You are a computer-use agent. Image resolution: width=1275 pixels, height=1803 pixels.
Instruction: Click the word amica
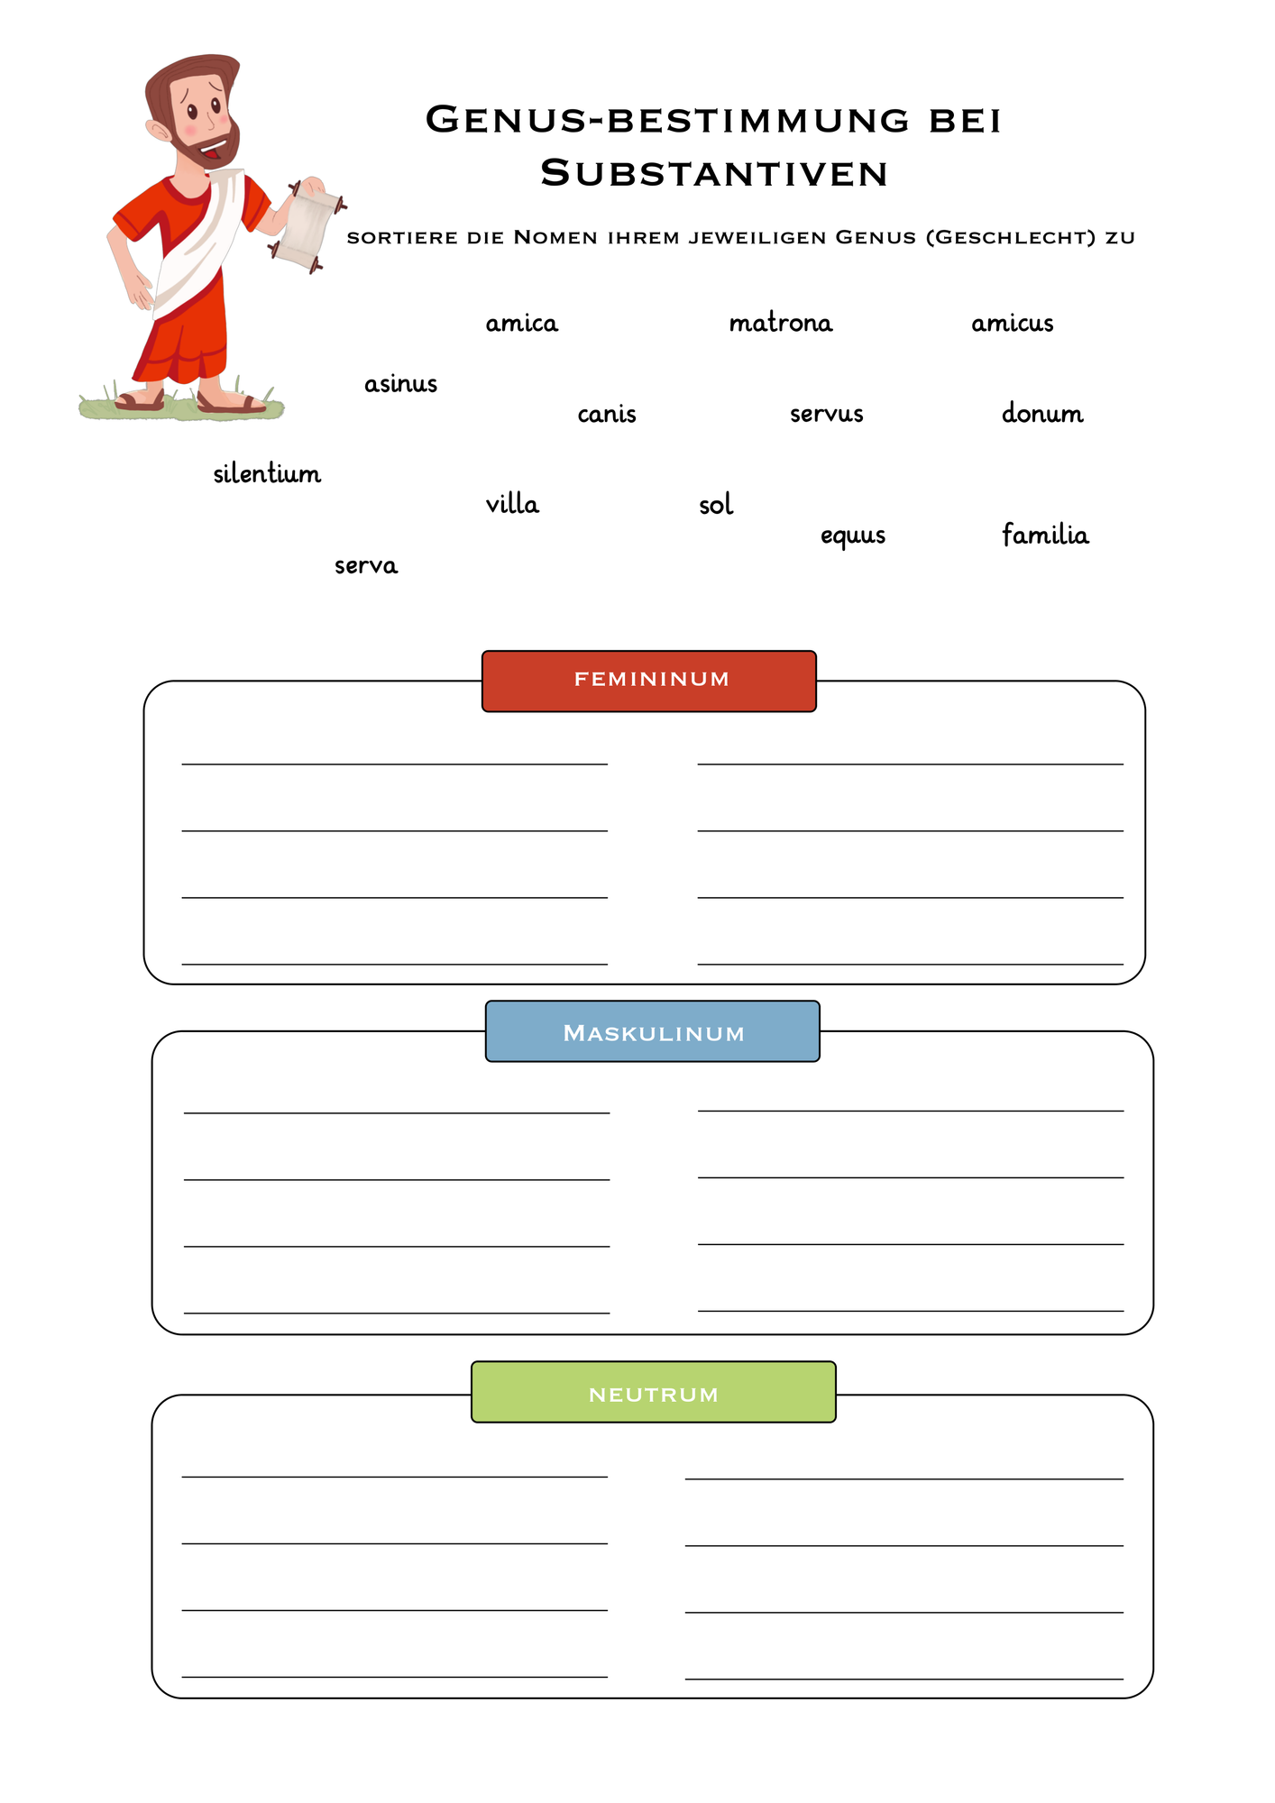(x=522, y=323)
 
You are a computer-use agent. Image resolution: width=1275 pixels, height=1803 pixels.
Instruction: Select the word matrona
(x=781, y=322)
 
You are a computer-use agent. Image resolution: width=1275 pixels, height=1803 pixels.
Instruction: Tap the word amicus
(x=1013, y=323)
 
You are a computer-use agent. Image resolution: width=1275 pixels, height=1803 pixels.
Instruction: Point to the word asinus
(x=401, y=383)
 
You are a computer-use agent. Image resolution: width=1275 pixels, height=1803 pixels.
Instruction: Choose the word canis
(x=607, y=414)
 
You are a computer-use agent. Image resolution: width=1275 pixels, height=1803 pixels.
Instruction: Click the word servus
(x=827, y=414)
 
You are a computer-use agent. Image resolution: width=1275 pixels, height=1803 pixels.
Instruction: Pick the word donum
(x=1042, y=413)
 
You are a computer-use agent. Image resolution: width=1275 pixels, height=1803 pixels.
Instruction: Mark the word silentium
(x=267, y=473)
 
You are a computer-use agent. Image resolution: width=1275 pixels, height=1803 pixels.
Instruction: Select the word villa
(x=512, y=503)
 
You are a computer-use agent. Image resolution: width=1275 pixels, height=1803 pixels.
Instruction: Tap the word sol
(x=716, y=504)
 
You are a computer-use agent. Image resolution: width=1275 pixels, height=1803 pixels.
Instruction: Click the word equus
(x=853, y=535)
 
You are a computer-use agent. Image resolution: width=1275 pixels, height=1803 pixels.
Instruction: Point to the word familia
(x=1045, y=534)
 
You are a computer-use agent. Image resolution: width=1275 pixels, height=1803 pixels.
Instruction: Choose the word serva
(x=366, y=565)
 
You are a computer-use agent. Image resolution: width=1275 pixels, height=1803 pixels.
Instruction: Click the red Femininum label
(x=649, y=681)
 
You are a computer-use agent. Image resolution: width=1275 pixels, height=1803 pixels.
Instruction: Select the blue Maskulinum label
(x=653, y=1031)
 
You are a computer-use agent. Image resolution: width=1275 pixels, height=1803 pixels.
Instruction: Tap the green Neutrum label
(x=654, y=1392)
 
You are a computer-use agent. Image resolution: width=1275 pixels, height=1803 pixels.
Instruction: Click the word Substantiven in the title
(x=715, y=173)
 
